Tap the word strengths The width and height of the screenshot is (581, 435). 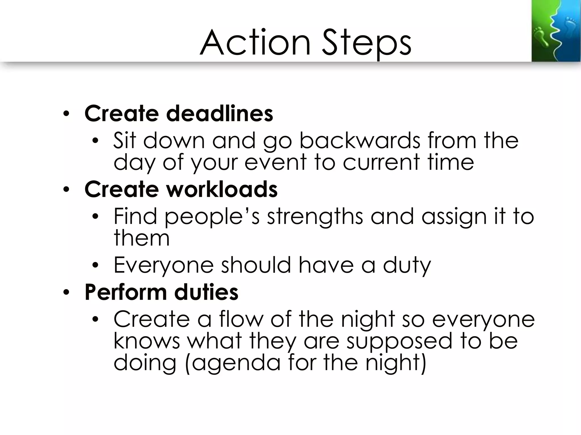tap(315, 217)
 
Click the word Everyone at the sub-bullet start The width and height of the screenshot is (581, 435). tap(163, 265)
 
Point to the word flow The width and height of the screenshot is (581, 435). tap(241, 319)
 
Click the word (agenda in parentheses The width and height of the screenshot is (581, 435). tap(233, 363)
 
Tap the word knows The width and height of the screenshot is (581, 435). tap(147, 341)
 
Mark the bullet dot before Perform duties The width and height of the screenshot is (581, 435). tap(66, 293)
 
